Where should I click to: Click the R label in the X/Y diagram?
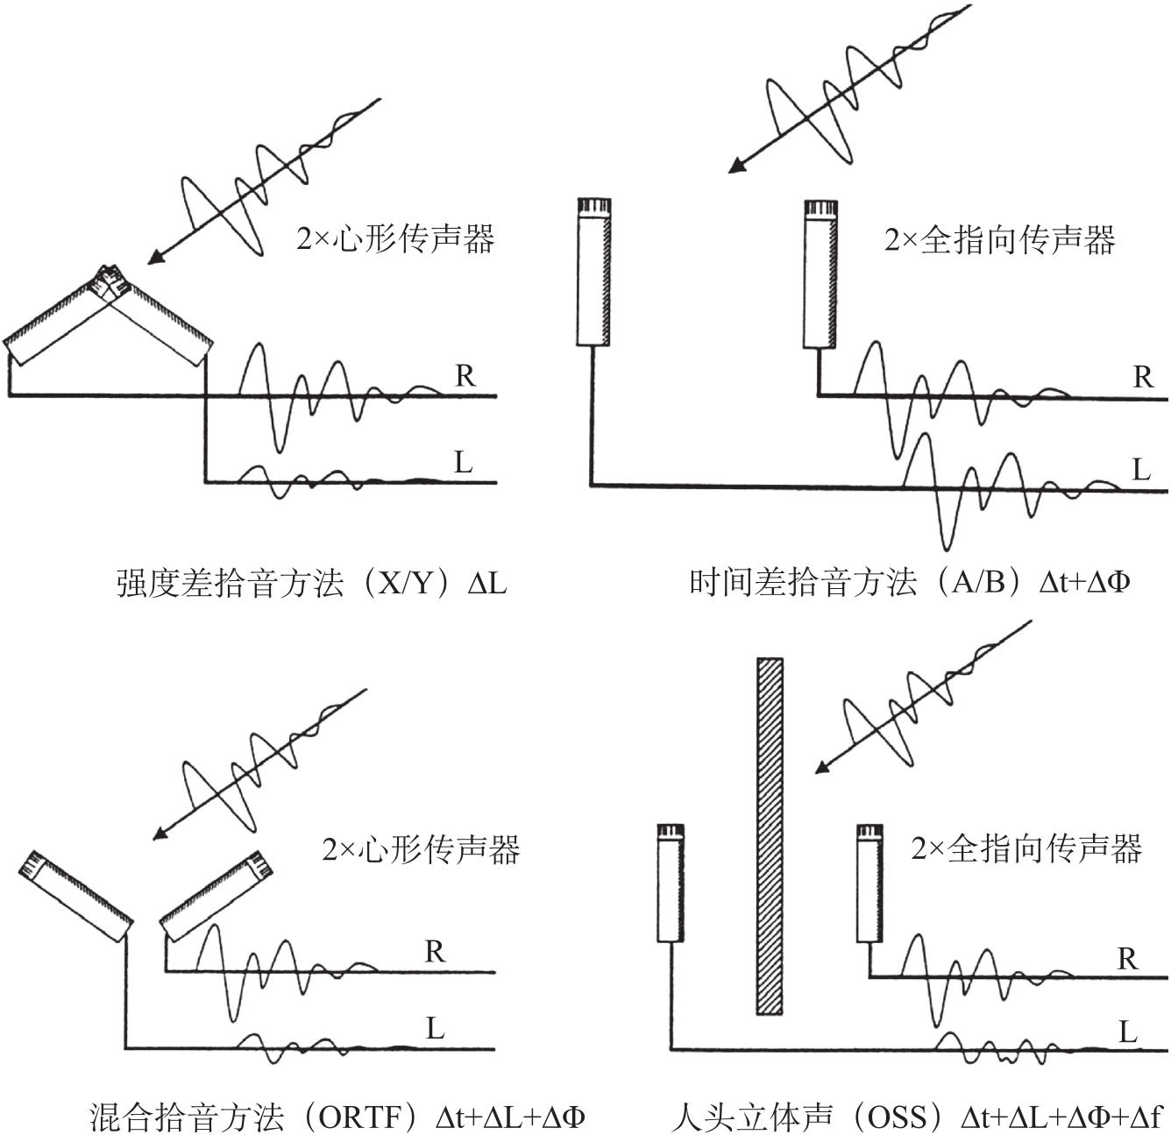click(465, 376)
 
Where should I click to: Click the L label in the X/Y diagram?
click(463, 461)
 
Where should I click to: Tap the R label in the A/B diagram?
click(1143, 377)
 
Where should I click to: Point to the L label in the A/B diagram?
click(1141, 470)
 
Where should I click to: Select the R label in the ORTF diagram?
click(435, 951)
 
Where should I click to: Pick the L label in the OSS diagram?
click(1128, 1032)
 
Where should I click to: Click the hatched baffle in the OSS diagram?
click(770, 835)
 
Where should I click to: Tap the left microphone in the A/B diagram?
click(593, 272)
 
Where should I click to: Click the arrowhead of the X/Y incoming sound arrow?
click(154, 258)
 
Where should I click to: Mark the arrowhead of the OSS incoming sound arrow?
click(822, 768)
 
